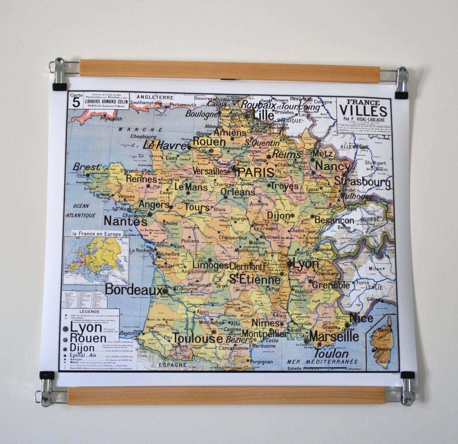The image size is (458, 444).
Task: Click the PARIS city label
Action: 256,172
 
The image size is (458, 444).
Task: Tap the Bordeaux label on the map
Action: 133,289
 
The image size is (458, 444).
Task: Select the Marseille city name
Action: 334,336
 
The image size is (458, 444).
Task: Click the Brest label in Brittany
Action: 86,167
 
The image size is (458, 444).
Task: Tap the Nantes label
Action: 125,221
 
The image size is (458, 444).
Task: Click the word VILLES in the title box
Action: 363,111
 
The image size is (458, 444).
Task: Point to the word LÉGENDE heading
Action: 89,312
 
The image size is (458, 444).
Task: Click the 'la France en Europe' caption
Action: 97,234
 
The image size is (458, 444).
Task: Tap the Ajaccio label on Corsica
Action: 383,349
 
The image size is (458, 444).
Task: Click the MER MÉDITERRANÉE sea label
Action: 322,362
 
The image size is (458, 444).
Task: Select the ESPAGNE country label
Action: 173,365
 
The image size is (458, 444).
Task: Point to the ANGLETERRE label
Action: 155,97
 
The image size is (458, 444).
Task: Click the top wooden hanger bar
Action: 229,71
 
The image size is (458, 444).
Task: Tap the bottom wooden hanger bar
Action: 226,395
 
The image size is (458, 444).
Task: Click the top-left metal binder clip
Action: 59,74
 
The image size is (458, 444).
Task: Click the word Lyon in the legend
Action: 86,327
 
